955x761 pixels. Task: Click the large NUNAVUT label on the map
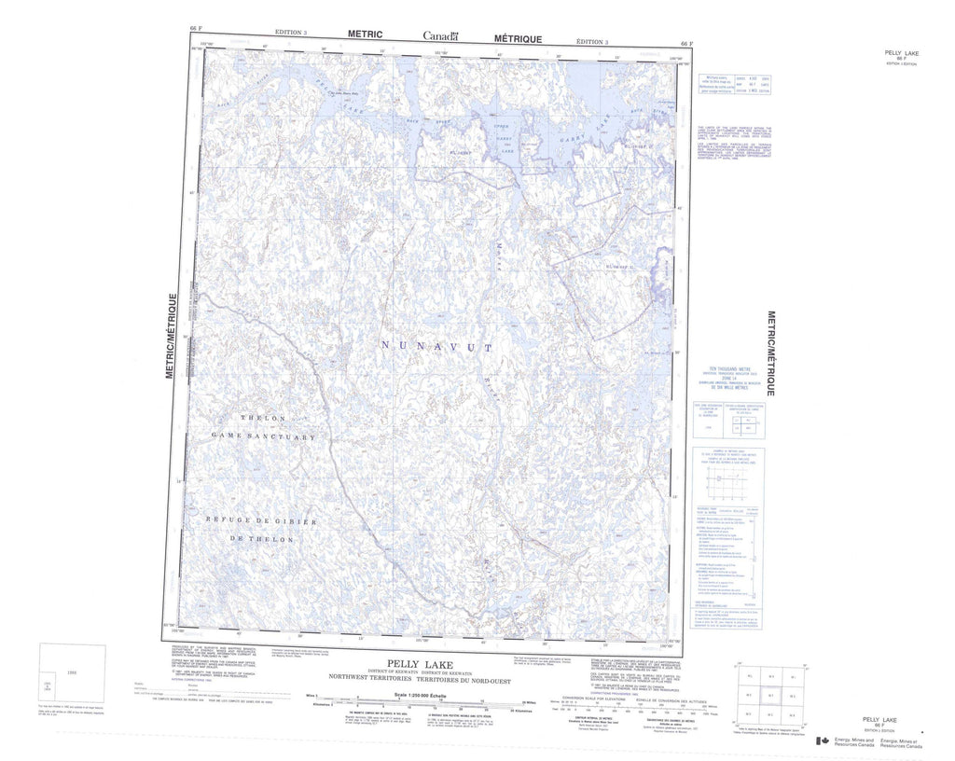coord(436,346)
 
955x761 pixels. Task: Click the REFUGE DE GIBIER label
coord(262,521)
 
